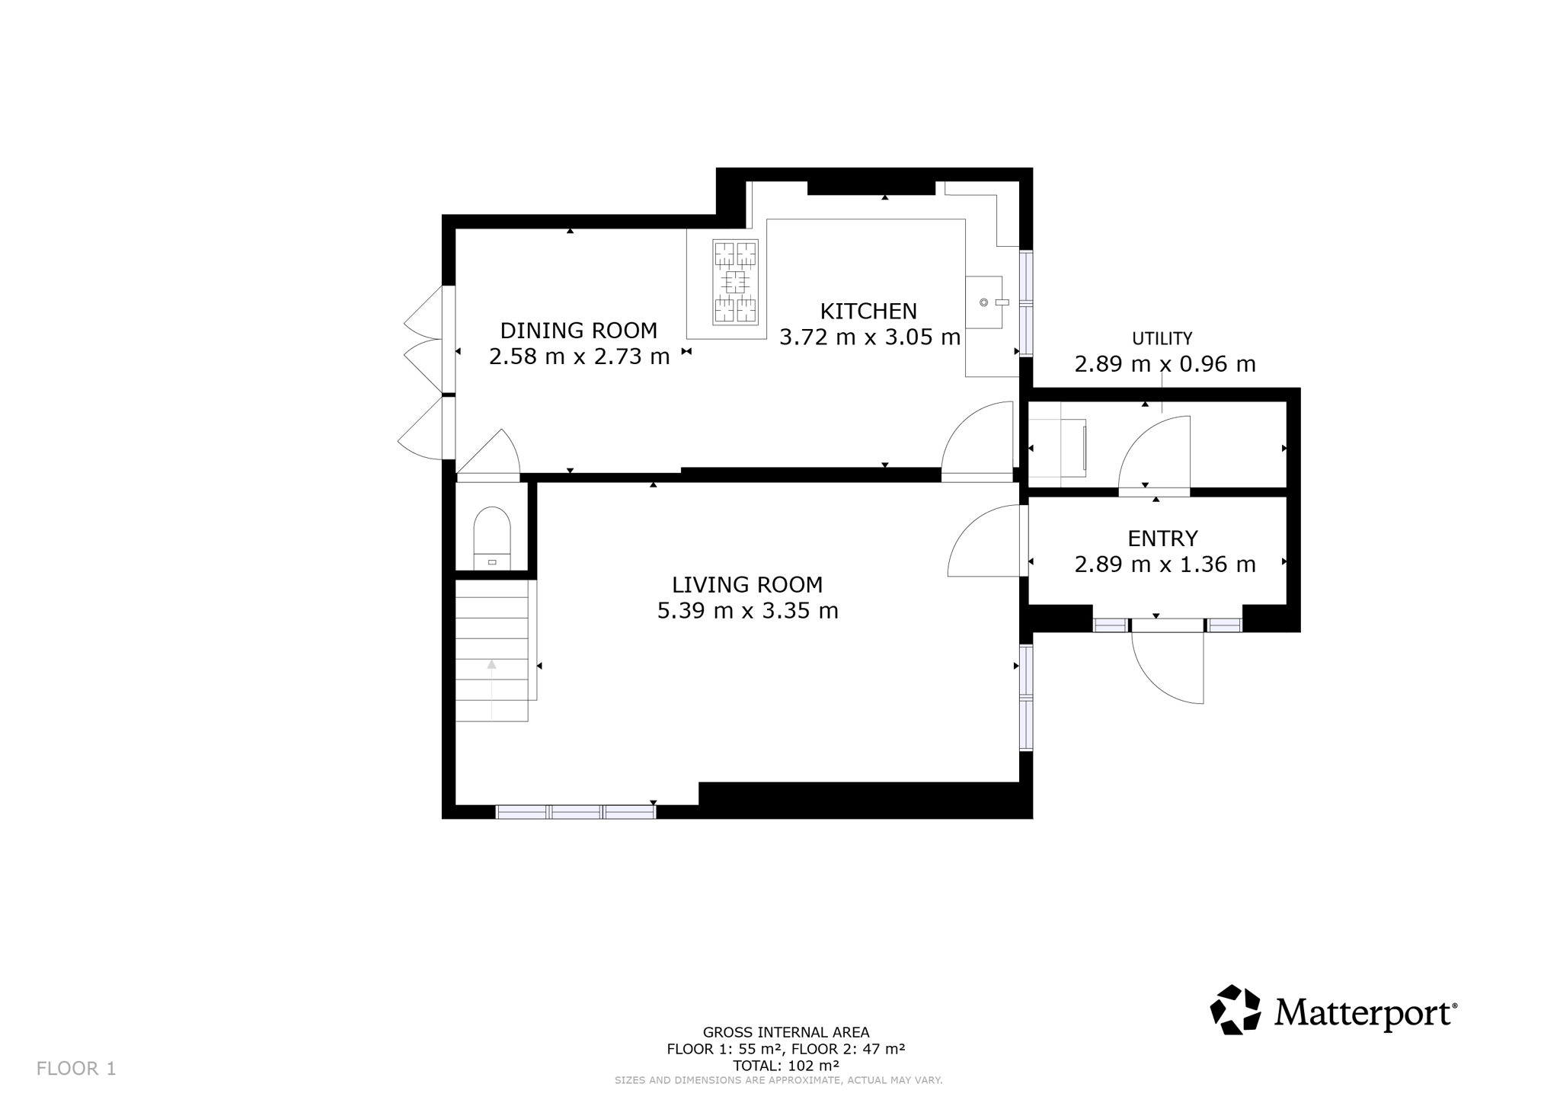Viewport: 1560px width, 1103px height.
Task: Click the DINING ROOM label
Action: point(578,331)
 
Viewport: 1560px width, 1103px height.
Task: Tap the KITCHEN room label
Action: point(868,311)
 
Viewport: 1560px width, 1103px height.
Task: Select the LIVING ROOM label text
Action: point(747,585)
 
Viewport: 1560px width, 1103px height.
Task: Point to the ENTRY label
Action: point(1162,539)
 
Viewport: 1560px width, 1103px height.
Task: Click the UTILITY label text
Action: point(1162,338)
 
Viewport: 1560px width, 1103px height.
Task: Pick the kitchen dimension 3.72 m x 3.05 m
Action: point(870,337)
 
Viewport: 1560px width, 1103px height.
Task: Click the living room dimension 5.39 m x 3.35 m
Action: point(747,611)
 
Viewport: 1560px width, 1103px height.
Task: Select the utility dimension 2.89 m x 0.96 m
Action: point(1165,364)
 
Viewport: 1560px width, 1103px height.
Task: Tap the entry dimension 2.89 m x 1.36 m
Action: point(1165,564)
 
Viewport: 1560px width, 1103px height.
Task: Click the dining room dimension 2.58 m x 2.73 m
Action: point(579,356)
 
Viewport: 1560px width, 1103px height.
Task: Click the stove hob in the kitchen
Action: point(735,282)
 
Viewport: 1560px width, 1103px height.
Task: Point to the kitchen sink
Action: point(984,302)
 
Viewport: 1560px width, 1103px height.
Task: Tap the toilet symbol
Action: point(492,538)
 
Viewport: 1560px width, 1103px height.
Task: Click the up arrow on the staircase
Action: point(492,664)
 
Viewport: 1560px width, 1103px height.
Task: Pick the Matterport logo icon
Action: point(1236,1010)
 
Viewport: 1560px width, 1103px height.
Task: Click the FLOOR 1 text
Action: point(76,1069)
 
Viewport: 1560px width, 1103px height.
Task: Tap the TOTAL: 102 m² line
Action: point(785,1066)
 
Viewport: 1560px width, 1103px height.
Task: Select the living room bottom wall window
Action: point(576,812)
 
